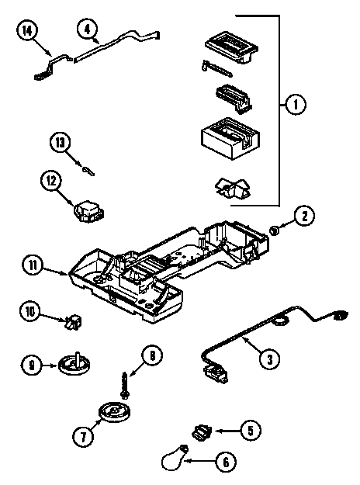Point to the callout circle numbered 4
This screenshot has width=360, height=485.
coord(88,29)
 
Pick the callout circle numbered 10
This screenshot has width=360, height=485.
coord(30,312)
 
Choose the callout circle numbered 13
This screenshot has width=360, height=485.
coord(61,143)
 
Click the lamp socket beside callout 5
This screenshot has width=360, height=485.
coord(202,429)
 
